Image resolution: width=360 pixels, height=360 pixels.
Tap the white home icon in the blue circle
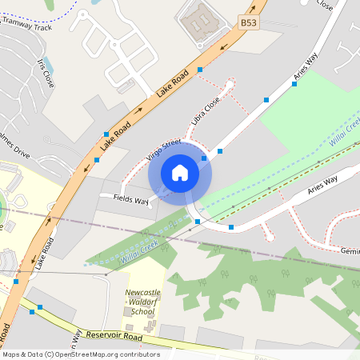180,172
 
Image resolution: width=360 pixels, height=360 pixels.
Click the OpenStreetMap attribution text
81,354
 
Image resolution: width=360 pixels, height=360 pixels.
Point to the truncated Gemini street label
350,250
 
